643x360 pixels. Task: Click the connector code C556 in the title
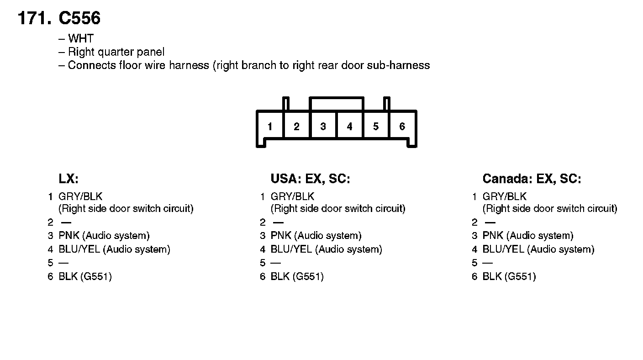(x=79, y=19)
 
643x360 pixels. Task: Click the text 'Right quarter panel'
(x=116, y=52)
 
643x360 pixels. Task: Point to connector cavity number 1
(x=270, y=127)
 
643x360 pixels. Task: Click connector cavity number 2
(x=296, y=127)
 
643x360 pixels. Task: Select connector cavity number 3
(x=323, y=127)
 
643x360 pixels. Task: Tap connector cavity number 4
(x=349, y=127)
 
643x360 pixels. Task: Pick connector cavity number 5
(x=376, y=127)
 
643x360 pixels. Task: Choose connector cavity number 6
(x=402, y=127)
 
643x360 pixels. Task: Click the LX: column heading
(x=69, y=179)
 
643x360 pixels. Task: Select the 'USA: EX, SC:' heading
(x=310, y=179)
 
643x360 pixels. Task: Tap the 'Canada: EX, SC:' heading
(x=532, y=179)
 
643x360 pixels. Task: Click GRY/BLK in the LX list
(x=80, y=197)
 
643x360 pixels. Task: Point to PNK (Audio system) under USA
(x=316, y=236)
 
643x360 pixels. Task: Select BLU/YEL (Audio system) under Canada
(x=538, y=249)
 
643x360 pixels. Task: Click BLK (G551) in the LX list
(x=85, y=276)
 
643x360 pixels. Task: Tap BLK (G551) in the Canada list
(x=509, y=276)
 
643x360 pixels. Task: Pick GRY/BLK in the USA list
(x=292, y=197)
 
